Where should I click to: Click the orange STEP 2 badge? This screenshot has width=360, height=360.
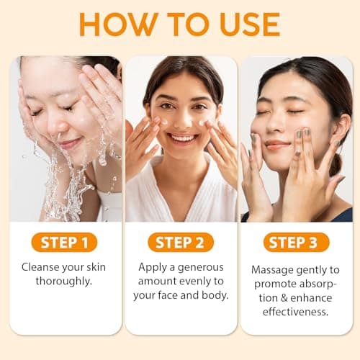(x=180, y=241)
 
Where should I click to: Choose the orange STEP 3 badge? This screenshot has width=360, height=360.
(x=296, y=241)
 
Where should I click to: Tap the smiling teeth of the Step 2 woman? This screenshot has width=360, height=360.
(x=181, y=137)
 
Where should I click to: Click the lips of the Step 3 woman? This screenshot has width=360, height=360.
(x=278, y=145)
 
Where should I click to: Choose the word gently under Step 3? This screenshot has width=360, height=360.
(x=310, y=269)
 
